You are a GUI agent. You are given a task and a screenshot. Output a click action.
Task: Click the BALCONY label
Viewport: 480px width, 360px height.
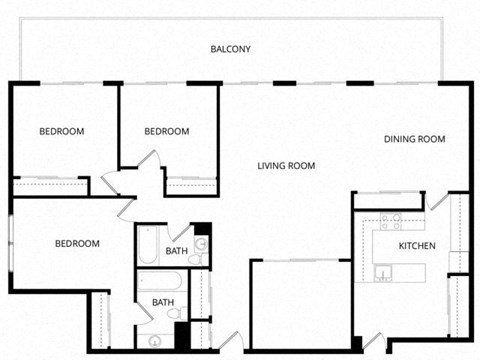pos(230,49)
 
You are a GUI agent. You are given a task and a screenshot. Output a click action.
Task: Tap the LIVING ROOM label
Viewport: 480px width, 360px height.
pos(286,166)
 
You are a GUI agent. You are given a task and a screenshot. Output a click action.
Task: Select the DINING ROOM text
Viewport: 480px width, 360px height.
pos(414,139)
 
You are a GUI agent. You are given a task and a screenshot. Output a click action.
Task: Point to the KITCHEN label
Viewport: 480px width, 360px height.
pos(417,246)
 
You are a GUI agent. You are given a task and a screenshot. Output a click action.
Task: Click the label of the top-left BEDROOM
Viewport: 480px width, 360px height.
pos(61,131)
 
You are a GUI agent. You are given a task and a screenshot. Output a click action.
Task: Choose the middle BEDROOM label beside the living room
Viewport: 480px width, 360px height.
pos(166,131)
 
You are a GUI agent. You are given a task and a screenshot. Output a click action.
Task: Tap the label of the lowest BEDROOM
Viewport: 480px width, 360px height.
pos(76,244)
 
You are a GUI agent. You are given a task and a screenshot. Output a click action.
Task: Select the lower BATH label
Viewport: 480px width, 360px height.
pos(162,302)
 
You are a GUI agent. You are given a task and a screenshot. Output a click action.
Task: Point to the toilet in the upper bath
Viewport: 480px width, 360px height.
pos(195,260)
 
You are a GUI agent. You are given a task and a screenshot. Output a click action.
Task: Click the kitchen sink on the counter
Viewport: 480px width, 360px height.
pos(383,271)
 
